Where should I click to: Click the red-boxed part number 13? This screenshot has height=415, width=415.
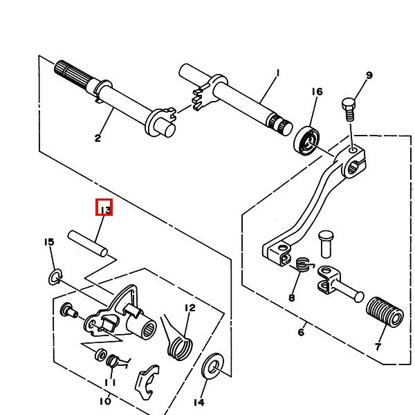104,208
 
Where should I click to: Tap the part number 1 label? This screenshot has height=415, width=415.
277,73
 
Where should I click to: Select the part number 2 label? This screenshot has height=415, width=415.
98,138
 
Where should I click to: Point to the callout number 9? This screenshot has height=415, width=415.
369,75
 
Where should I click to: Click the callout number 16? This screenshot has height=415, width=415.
317,92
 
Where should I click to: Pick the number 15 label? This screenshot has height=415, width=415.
49,241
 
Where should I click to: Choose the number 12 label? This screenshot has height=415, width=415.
190,308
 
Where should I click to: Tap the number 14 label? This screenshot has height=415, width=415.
199,402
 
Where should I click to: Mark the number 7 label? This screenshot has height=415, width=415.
378,346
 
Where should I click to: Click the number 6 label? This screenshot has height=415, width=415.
301,332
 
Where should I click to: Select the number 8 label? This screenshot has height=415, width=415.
291,298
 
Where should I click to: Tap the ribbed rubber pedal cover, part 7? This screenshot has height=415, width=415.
384,313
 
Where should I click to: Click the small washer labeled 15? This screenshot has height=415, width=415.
55,278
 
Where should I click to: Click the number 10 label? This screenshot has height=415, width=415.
105,400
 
